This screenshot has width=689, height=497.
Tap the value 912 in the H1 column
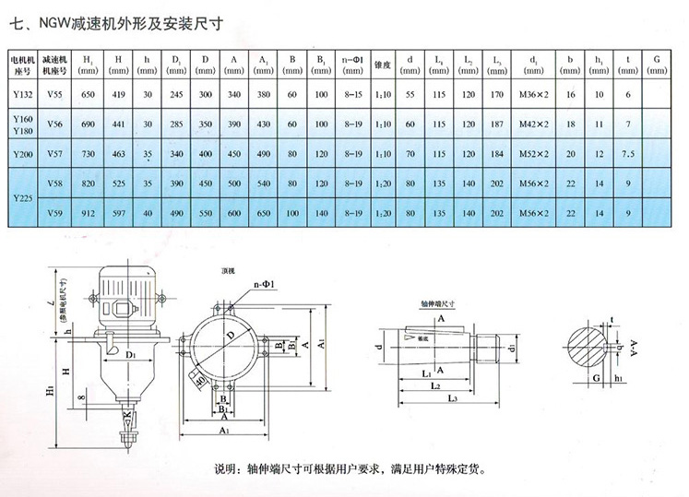(x=89, y=214)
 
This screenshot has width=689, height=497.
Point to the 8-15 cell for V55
(x=351, y=94)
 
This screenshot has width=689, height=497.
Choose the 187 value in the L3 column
(x=498, y=123)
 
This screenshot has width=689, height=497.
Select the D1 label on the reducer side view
(x=132, y=352)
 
